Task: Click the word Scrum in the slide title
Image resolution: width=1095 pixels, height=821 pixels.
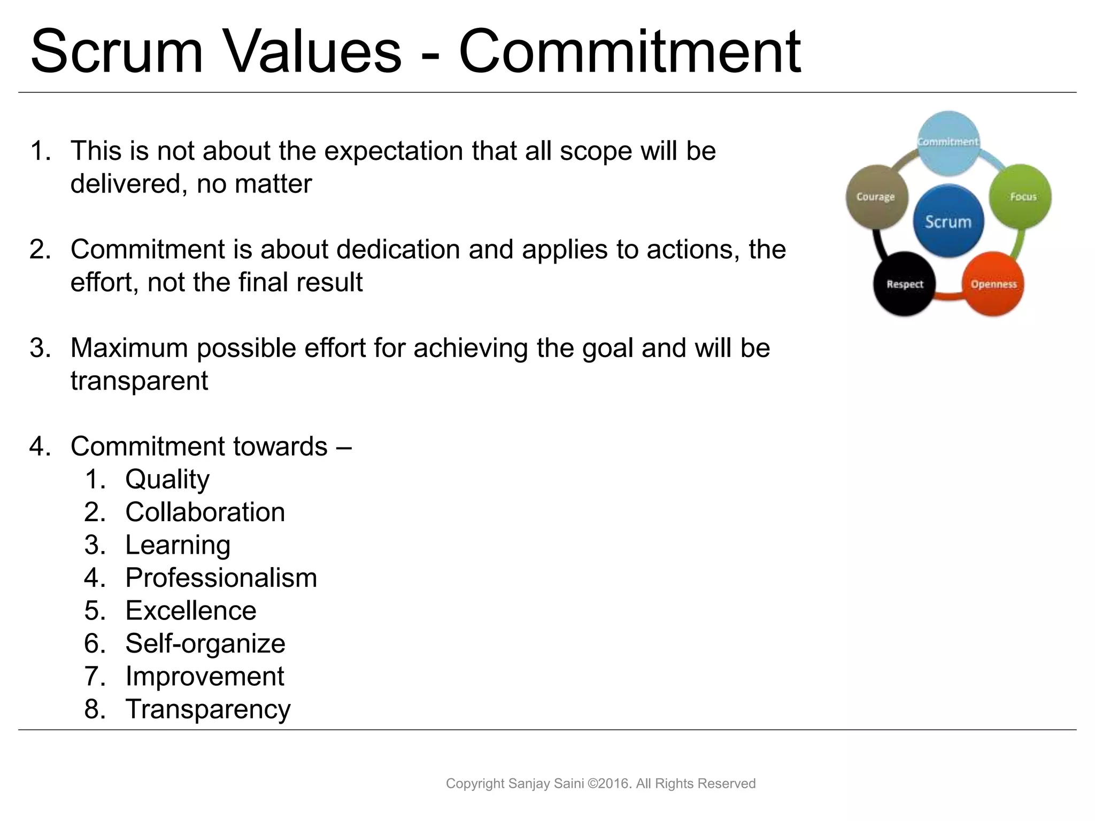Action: click(x=117, y=52)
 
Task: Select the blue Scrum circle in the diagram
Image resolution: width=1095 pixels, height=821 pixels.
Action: click(x=948, y=221)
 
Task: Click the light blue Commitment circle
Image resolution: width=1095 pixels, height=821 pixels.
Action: click(x=949, y=142)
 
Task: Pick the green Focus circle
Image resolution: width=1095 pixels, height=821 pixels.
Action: click(x=1021, y=197)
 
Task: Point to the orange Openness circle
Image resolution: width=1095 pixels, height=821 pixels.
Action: click(x=993, y=284)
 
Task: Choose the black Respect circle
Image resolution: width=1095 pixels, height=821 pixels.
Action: click(x=905, y=284)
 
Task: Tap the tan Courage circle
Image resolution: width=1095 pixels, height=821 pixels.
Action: click(x=876, y=197)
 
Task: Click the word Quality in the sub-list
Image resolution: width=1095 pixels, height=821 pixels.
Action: click(x=167, y=479)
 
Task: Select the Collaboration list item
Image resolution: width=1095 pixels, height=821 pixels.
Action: click(x=205, y=512)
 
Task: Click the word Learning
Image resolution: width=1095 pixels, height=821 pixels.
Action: click(x=178, y=545)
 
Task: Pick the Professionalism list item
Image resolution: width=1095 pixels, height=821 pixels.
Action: click(x=221, y=578)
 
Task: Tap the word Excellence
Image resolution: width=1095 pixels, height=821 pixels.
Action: click(x=191, y=610)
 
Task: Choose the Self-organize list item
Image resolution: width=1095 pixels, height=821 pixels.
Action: click(x=205, y=644)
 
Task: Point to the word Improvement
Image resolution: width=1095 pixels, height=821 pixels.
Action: click(x=205, y=676)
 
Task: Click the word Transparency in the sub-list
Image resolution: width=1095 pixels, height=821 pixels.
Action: click(x=208, y=709)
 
